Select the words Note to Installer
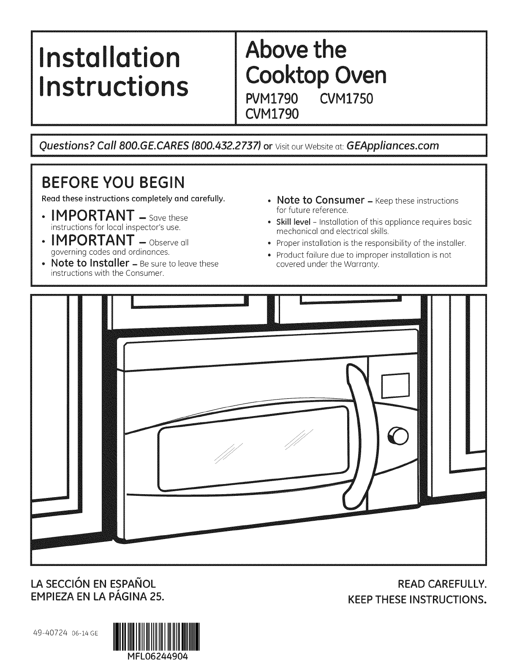tap(90, 263)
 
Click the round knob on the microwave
tap(398, 435)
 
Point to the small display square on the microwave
tap(396, 385)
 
